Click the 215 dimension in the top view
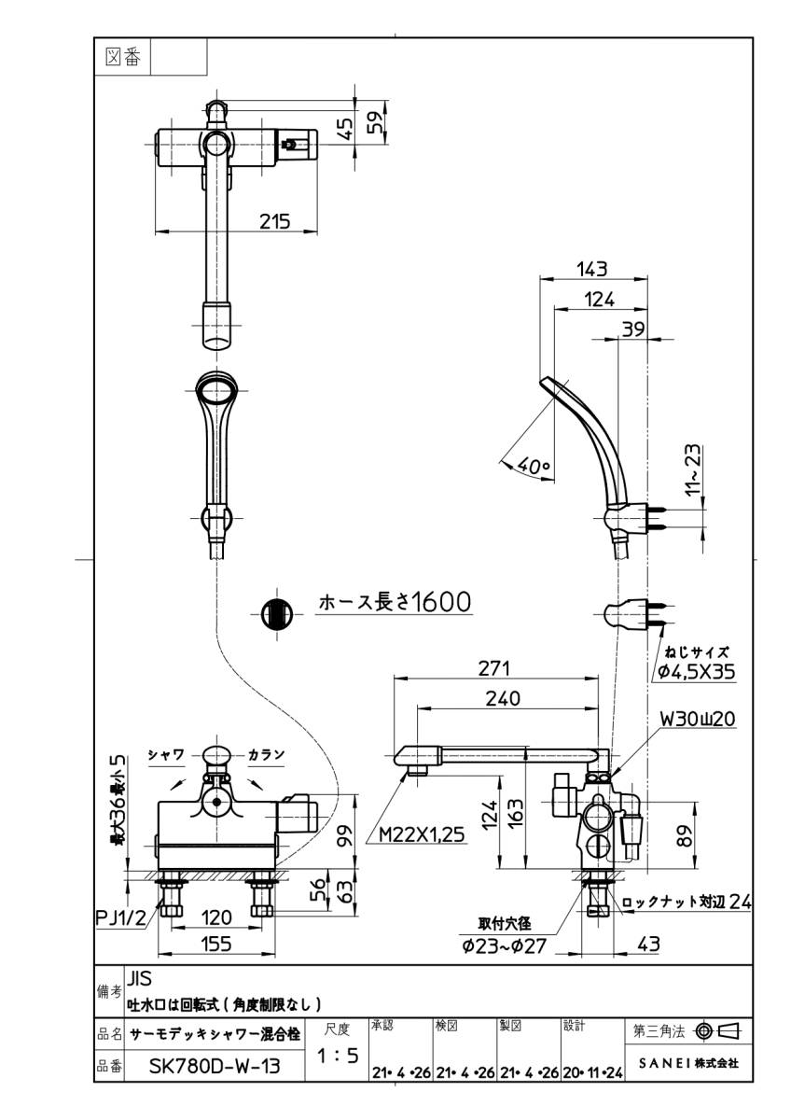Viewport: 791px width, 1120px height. (274, 221)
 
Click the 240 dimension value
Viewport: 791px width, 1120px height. (503, 698)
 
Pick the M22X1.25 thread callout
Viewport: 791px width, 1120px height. (422, 836)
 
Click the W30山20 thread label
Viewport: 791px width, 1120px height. (699, 719)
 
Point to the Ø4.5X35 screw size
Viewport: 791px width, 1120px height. (696, 668)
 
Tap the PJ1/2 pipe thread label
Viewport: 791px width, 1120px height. (121, 918)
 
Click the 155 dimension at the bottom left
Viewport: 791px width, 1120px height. (215, 945)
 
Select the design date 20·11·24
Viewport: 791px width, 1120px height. (591, 1073)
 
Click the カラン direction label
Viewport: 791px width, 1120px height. (266, 754)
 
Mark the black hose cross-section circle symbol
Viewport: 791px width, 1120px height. (275, 614)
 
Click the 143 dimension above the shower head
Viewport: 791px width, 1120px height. (591, 270)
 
